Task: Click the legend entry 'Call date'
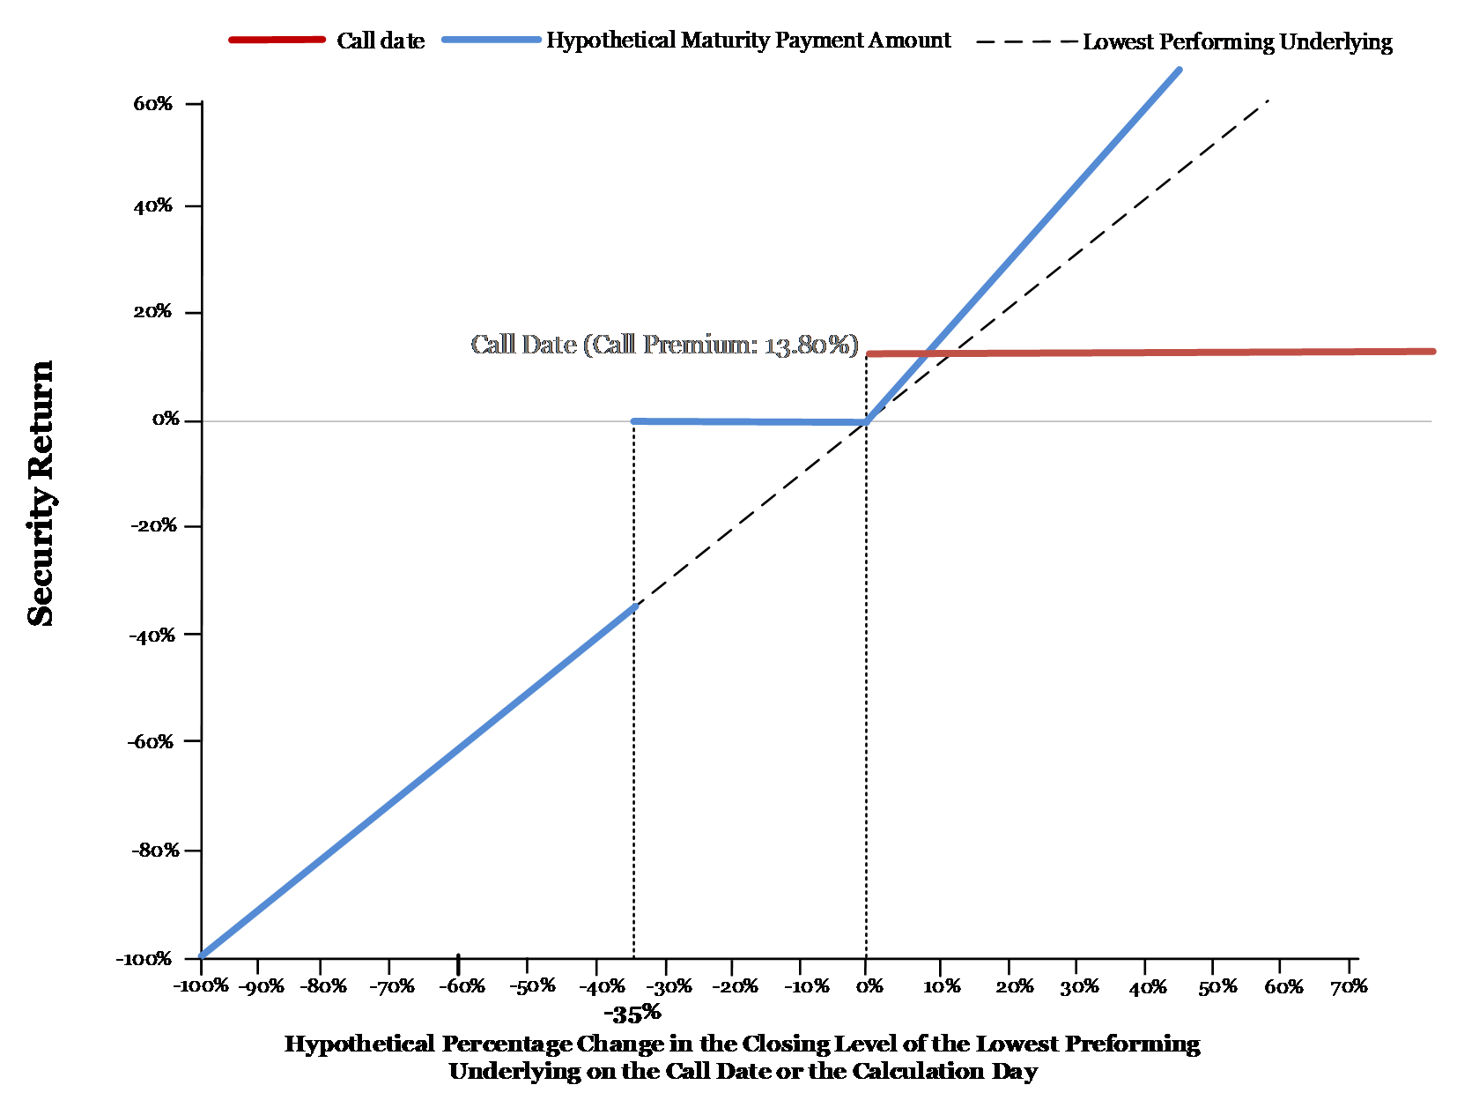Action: tap(381, 41)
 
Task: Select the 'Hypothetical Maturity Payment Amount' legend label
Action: tap(748, 41)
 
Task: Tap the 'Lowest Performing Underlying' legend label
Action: tap(1238, 41)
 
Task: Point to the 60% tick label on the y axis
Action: tap(152, 103)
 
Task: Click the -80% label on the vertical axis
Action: tap(155, 851)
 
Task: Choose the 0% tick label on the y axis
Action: tap(166, 419)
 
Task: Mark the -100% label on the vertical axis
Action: tap(144, 959)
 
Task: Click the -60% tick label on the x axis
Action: tap(462, 986)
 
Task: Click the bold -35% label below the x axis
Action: tap(632, 1013)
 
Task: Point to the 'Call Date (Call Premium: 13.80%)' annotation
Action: tap(664, 345)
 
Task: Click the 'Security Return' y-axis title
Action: tap(41, 494)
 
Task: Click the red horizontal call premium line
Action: tap(1151, 353)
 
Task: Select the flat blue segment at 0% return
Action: tap(750, 421)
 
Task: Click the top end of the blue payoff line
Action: tap(1179, 70)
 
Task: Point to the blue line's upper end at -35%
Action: tap(634, 606)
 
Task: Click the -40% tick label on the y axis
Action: tap(152, 635)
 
